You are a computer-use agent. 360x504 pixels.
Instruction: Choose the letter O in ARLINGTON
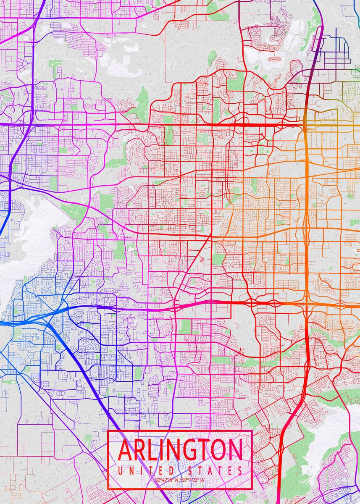pos(219,450)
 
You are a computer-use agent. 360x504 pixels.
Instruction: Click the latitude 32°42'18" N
pos(166,480)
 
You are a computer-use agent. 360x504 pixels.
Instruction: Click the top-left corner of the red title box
pos(108,431)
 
